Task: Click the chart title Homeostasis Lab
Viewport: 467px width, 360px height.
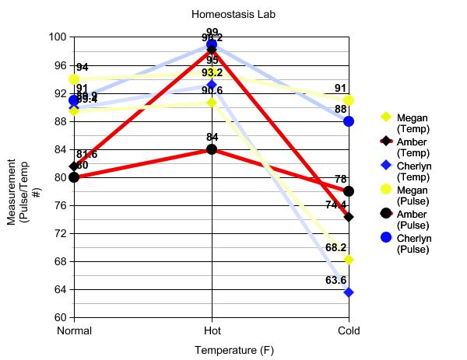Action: pos(233,14)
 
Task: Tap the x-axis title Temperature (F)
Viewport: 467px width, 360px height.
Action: pos(234,350)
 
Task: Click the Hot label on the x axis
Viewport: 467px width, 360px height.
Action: pos(212,330)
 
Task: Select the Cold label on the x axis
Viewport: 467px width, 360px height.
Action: pos(349,330)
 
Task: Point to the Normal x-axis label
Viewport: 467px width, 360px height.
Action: pos(75,330)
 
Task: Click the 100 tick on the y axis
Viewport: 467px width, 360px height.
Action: pos(58,37)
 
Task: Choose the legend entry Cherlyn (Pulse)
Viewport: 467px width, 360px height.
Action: pos(413,243)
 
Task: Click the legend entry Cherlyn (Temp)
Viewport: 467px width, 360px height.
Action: pos(413,171)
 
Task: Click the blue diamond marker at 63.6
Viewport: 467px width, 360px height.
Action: pos(349,292)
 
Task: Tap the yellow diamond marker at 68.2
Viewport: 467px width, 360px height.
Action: pos(349,260)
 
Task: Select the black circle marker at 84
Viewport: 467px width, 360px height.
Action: pos(212,149)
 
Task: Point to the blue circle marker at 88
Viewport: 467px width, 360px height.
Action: pos(349,121)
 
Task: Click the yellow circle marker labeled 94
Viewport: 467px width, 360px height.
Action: pos(74,79)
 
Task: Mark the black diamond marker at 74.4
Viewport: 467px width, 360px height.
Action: pos(349,217)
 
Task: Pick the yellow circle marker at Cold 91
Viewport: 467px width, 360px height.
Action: pos(349,100)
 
